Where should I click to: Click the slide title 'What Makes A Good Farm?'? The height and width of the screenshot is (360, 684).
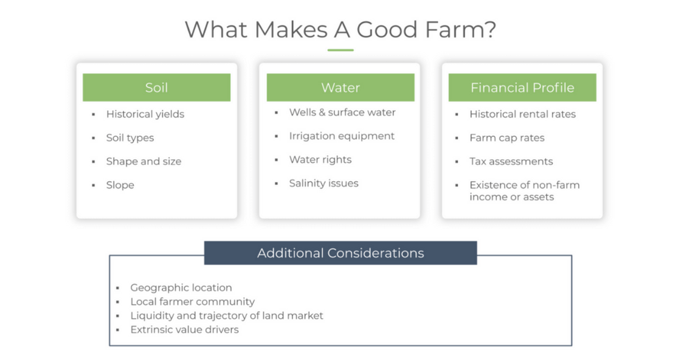click(x=340, y=30)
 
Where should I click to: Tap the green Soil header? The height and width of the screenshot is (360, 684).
click(x=157, y=88)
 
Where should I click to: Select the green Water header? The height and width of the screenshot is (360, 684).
click(x=340, y=88)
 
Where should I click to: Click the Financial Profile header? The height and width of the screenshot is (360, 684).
click(x=522, y=88)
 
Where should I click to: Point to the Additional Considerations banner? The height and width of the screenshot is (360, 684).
click(x=340, y=253)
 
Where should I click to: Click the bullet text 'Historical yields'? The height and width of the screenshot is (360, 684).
click(x=145, y=114)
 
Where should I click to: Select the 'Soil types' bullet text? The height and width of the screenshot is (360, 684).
click(x=130, y=138)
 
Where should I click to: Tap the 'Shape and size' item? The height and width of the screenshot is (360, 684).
click(x=143, y=162)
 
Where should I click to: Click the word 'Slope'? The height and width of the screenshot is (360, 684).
click(x=120, y=185)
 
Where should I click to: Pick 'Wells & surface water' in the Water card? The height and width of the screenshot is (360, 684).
click(x=342, y=112)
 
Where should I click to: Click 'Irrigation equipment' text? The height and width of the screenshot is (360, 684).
click(x=342, y=136)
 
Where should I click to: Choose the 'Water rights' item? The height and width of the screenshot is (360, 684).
click(x=320, y=160)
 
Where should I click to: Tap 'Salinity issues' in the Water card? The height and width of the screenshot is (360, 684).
click(x=323, y=183)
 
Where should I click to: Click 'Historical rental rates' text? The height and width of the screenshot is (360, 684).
click(x=523, y=114)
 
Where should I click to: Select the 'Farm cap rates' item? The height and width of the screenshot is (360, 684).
click(x=507, y=138)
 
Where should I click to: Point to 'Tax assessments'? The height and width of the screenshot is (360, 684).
click(x=511, y=162)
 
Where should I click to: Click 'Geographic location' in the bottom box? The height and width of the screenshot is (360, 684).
click(x=181, y=288)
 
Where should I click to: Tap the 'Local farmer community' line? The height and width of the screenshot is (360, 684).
click(x=192, y=302)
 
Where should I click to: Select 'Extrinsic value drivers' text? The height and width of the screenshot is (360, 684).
click(x=184, y=330)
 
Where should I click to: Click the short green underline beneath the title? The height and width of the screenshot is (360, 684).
click(x=340, y=50)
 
